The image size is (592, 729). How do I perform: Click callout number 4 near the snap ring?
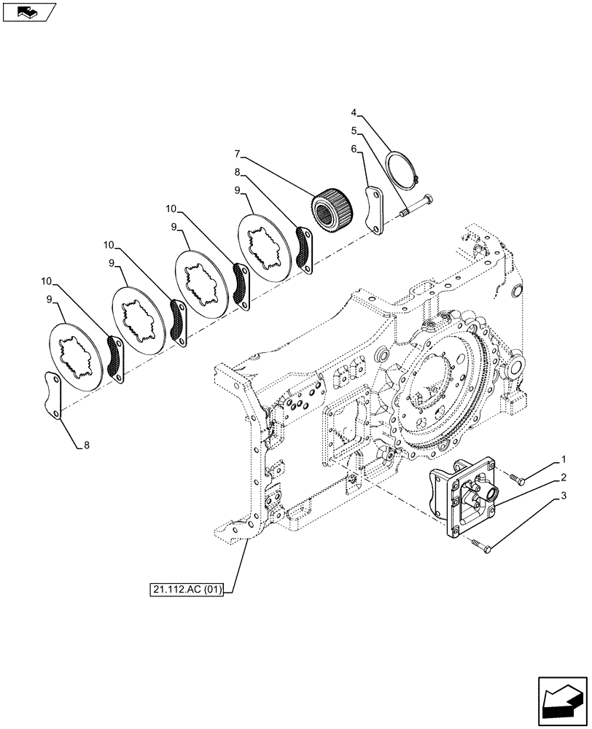[x=354, y=113]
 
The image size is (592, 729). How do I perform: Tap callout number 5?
[x=354, y=131]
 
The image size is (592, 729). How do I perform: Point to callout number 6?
[x=354, y=149]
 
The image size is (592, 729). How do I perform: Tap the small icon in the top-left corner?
[x=28, y=12]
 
